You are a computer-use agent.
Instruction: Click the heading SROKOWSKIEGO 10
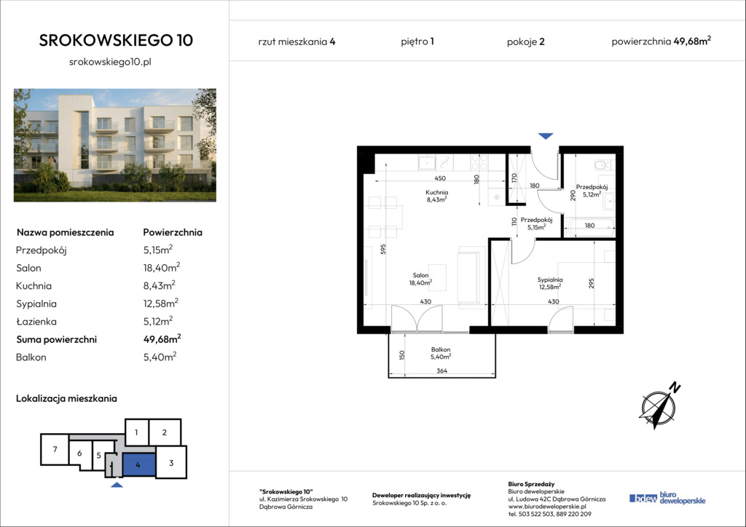click(x=116, y=40)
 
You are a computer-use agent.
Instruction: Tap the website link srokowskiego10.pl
click(x=111, y=62)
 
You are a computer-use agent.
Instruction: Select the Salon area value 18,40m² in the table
click(x=162, y=268)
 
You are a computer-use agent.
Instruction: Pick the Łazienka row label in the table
click(x=36, y=322)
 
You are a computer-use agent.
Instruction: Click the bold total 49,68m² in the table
click(x=162, y=338)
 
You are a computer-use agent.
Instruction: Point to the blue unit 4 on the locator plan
click(x=139, y=464)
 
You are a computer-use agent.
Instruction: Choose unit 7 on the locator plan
click(x=55, y=449)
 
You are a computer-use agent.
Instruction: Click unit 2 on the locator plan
click(x=165, y=432)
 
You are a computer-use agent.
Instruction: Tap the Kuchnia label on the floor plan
click(x=437, y=192)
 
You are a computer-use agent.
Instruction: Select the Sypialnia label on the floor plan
click(x=550, y=280)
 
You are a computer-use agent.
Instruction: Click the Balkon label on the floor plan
click(x=441, y=349)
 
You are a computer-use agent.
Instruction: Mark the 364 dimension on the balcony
click(x=442, y=371)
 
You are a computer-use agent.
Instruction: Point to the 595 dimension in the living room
click(x=383, y=249)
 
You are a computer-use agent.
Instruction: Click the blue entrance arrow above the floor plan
click(x=546, y=136)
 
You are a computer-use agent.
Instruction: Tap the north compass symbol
click(x=659, y=405)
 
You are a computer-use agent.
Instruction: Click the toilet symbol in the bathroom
click(x=602, y=165)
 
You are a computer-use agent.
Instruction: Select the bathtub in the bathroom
click(x=589, y=226)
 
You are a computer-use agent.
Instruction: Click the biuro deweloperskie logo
click(x=667, y=498)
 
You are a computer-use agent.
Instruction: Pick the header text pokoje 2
click(x=526, y=41)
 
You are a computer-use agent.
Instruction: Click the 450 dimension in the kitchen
click(x=440, y=178)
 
